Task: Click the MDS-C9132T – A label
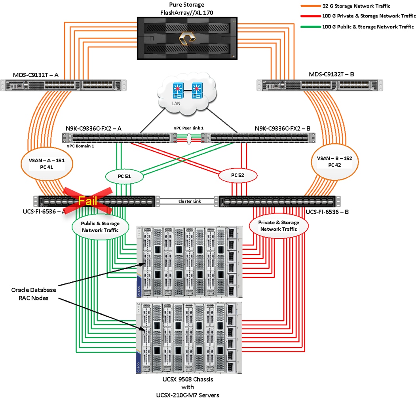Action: tap(30, 74)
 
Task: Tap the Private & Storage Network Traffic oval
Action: tap(279, 226)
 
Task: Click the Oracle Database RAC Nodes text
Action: tap(34, 294)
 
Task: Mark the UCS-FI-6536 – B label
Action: tap(327, 212)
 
